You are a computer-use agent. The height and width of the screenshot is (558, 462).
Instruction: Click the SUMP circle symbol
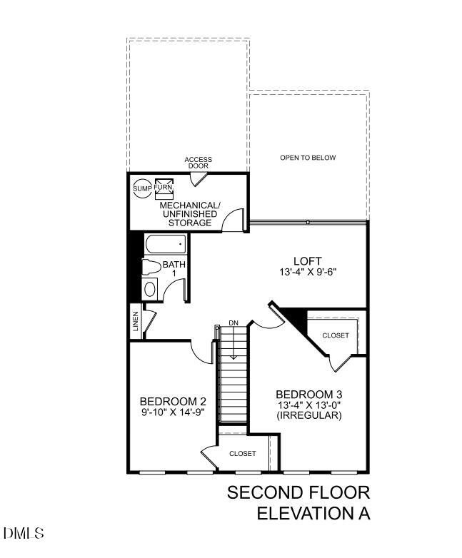click(141, 188)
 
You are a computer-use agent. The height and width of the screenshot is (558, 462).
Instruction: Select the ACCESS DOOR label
click(198, 163)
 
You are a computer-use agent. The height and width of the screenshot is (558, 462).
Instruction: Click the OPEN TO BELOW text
click(307, 158)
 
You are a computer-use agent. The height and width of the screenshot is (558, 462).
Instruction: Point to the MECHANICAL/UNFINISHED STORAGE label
click(190, 214)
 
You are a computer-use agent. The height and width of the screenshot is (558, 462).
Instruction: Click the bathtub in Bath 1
click(165, 244)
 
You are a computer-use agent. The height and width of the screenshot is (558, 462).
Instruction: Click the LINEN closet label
click(136, 323)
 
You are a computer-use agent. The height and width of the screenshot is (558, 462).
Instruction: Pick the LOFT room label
click(307, 261)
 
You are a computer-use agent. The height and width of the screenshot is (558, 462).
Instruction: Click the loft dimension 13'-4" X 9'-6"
click(307, 272)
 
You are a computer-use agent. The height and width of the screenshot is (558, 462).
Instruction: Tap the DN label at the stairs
click(233, 323)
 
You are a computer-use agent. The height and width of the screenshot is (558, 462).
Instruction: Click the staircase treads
click(233, 385)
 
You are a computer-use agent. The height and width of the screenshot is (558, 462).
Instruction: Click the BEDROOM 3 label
click(304, 394)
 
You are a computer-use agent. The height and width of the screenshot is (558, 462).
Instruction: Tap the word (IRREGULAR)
click(304, 415)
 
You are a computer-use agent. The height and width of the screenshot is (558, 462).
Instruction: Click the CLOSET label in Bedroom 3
click(335, 335)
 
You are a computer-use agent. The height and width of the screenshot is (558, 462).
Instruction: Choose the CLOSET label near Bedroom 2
click(243, 453)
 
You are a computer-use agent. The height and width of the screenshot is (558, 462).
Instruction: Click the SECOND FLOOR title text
click(298, 493)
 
